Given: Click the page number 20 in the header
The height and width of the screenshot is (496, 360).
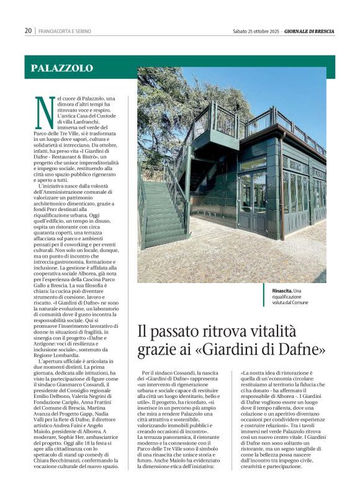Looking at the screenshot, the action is click(x=28, y=30).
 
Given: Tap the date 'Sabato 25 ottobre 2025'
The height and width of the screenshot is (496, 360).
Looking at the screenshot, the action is click(x=256, y=30).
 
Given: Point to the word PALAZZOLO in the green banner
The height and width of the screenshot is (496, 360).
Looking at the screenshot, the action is click(x=62, y=68).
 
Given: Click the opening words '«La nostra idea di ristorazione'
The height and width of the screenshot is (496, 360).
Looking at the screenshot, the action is click(x=272, y=372).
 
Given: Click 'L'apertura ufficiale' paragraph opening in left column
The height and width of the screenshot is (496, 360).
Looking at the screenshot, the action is click(x=62, y=361).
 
